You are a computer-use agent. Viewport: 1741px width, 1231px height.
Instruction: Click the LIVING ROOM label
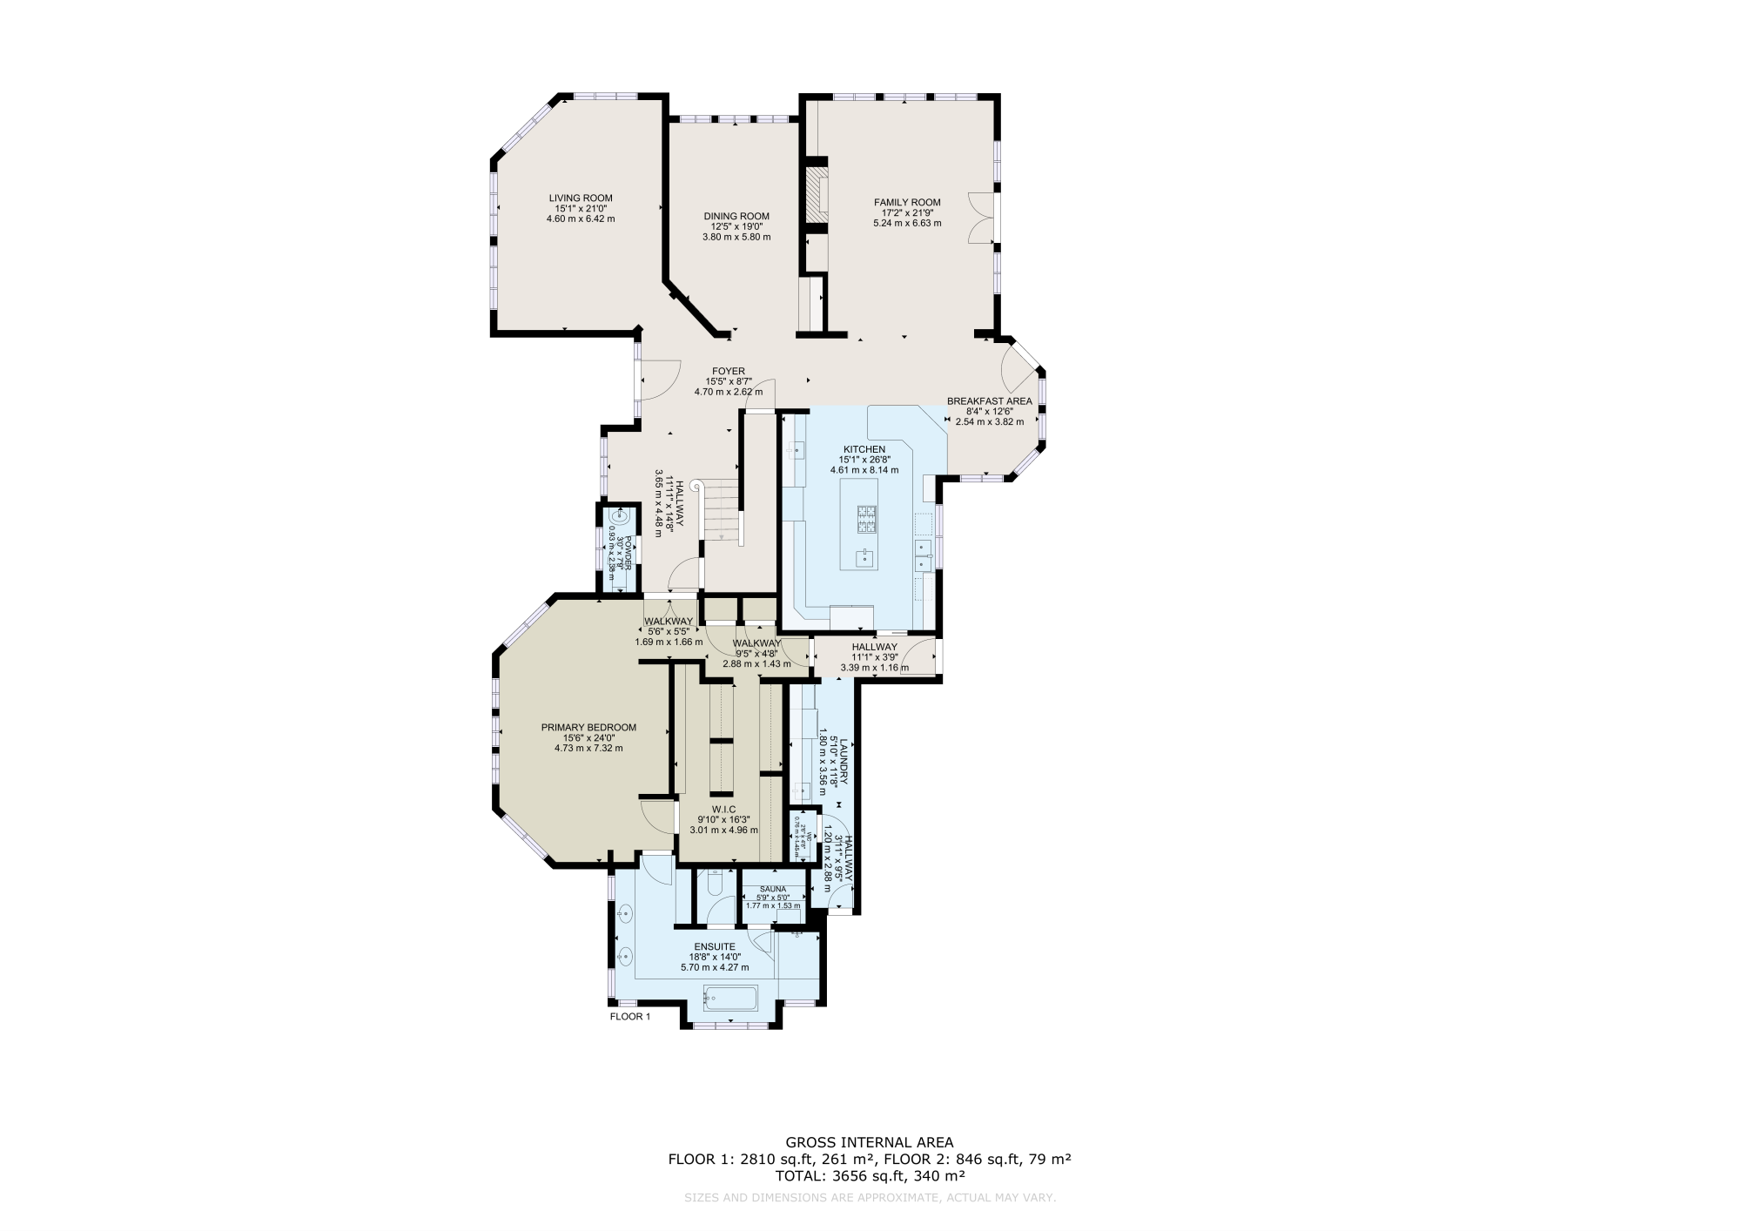[580, 198]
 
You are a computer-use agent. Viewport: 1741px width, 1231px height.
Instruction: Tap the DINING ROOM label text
[736, 216]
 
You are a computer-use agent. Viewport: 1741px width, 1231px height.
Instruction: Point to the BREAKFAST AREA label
[989, 401]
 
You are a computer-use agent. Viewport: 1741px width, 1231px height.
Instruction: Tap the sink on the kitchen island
[865, 557]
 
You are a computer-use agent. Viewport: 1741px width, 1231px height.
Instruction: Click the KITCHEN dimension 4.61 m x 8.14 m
[864, 470]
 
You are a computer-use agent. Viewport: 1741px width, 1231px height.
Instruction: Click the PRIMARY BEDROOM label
[588, 728]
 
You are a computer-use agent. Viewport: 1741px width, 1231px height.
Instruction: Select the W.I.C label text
[723, 809]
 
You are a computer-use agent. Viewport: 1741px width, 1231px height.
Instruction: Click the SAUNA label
[772, 889]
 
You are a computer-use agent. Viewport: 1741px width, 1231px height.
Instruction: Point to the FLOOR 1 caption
[629, 1016]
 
